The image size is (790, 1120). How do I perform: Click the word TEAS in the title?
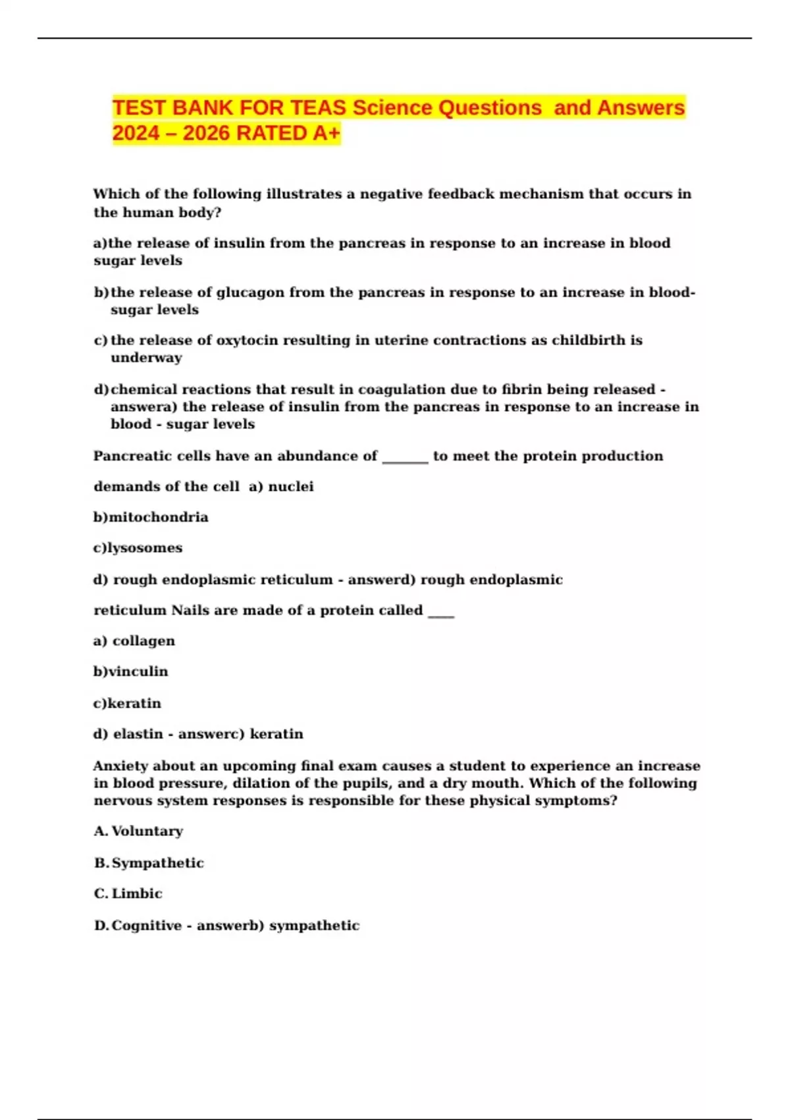[x=318, y=107]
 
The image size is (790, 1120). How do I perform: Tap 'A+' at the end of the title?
[x=327, y=133]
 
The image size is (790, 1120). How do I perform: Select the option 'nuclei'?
[x=290, y=486]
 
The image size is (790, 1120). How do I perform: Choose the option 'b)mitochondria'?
[x=151, y=517]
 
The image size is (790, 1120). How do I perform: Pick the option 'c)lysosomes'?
[x=138, y=547]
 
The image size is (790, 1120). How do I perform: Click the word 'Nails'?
[x=190, y=610]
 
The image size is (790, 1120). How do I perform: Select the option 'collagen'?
[x=144, y=640]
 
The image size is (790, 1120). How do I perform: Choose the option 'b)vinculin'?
[x=130, y=671]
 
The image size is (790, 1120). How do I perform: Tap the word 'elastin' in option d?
[x=138, y=734]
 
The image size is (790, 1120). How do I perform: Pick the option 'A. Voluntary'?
[x=138, y=831]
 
